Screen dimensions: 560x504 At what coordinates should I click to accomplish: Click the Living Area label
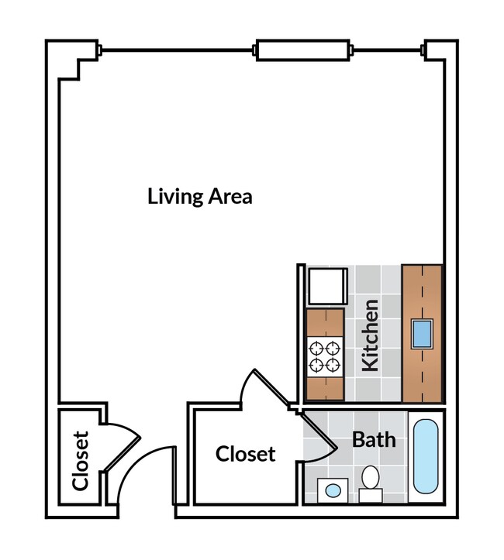point(199,196)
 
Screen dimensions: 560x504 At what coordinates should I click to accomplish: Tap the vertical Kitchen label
point(371,335)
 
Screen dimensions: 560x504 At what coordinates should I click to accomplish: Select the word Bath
point(374,440)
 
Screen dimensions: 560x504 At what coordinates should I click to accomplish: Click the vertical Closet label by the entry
point(81,461)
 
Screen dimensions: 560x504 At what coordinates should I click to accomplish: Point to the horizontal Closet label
point(245,453)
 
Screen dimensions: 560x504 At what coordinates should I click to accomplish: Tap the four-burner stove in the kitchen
point(325,356)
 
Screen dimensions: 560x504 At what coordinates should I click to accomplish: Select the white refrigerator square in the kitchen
point(324,286)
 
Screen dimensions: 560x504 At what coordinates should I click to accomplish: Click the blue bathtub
point(426,456)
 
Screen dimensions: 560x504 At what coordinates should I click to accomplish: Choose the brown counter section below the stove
point(325,390)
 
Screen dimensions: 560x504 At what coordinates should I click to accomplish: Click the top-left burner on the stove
point(316,348)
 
